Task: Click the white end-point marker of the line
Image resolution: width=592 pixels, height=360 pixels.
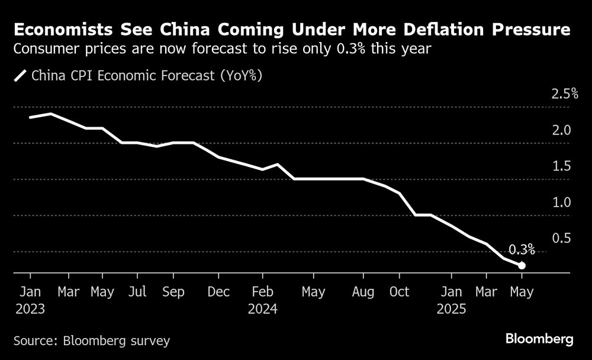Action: coord(522,265)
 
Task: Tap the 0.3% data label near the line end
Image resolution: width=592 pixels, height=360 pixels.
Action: coord(521,249)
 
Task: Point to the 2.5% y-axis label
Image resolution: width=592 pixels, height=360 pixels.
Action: coord(564,94)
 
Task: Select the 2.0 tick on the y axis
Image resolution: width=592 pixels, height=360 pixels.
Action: coord(561,130)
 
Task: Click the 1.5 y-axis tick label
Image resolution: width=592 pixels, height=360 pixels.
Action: coord(561,166)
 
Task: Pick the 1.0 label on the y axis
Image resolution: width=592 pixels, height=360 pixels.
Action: coord(561,202)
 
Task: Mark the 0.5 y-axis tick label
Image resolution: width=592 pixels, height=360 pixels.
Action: coord(561,239)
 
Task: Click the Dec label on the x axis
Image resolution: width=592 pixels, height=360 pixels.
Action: coord(218,292)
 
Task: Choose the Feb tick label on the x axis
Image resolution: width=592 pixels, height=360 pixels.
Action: coord(262,292)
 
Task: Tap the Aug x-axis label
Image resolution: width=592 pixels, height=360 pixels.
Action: coord(363,292)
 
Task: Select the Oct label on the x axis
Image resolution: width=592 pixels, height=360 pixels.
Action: coord(399,292)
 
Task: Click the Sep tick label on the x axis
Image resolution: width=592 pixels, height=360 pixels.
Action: coord(173,292)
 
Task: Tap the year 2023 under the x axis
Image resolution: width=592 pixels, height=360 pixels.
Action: coord(30,309)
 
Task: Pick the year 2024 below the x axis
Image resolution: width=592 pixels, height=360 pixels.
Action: coord(262,309)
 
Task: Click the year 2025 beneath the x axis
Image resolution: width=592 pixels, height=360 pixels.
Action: coord(451,309)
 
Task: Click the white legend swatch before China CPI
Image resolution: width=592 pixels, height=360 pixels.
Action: coord(21,76)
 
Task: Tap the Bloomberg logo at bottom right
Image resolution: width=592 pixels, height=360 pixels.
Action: coord(539,339)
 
